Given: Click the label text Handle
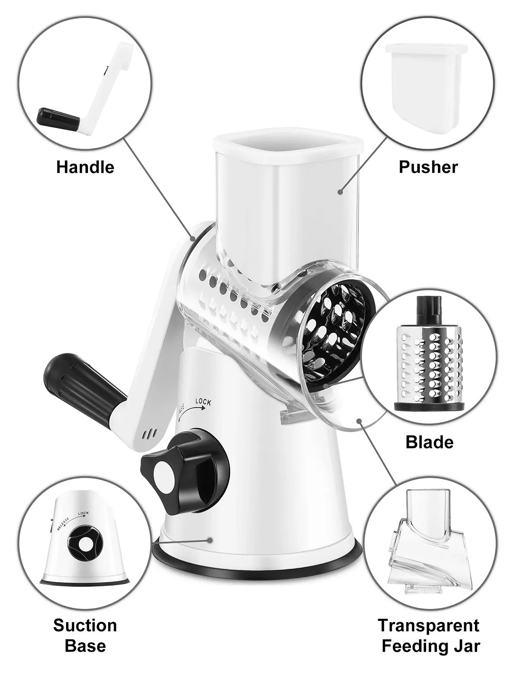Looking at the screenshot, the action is click(x=85, y=167).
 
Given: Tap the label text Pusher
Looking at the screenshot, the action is click(x=428, y=167).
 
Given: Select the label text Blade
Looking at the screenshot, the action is click(x=429, y=442).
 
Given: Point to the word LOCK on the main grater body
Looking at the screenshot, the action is click(x=203, y=402).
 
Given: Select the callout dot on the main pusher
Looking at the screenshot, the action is click(x=340, y=192).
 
